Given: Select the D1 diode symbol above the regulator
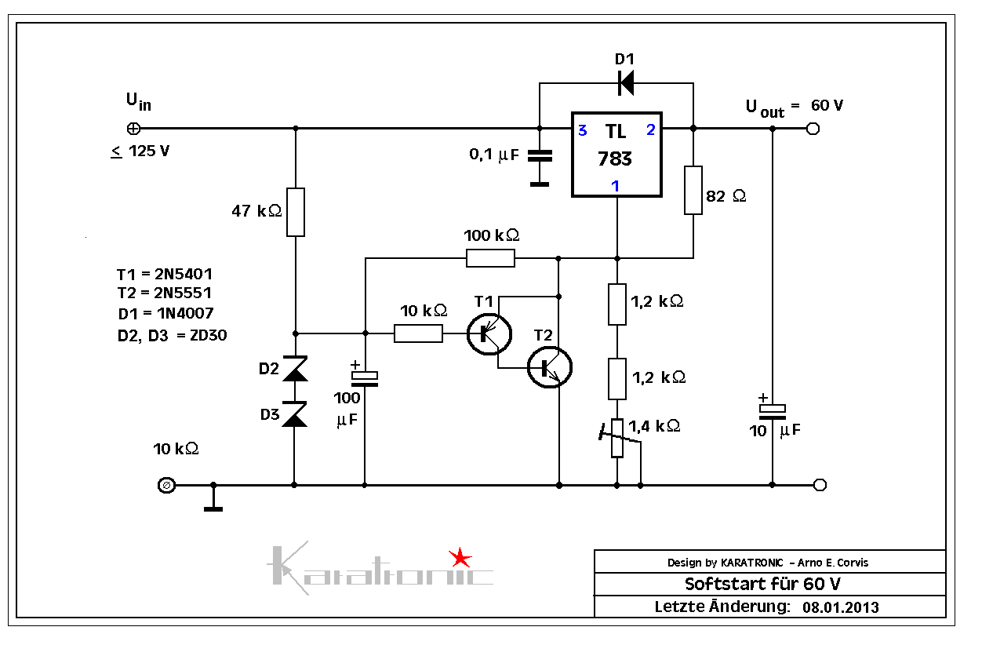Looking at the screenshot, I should click(x=625, y=82).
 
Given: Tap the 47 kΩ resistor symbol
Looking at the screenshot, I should click(x=295, y=212).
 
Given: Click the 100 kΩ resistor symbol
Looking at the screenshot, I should click(x=491, y=257).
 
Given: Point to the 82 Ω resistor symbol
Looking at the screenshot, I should click(x=693, y=190).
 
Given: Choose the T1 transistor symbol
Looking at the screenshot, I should click(x=488, y=333).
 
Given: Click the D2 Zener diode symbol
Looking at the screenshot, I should click(x=295, y=369).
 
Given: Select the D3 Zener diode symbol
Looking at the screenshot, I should click(x=295, y=414).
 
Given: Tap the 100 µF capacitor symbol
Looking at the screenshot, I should click(x=365, y=378).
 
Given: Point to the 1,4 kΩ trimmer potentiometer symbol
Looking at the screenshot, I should click(x=617, y=438).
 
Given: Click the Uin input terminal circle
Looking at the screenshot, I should click(x=133, y=129).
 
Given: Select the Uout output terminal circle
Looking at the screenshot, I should click(x=813, y=129).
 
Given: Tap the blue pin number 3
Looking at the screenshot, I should click(x=582, y=131).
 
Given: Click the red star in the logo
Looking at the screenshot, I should click(x=460, y=558).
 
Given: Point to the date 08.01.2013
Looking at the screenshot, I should click(x=841, y=607).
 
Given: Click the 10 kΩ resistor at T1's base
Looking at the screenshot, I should click(x=418, y=333).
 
